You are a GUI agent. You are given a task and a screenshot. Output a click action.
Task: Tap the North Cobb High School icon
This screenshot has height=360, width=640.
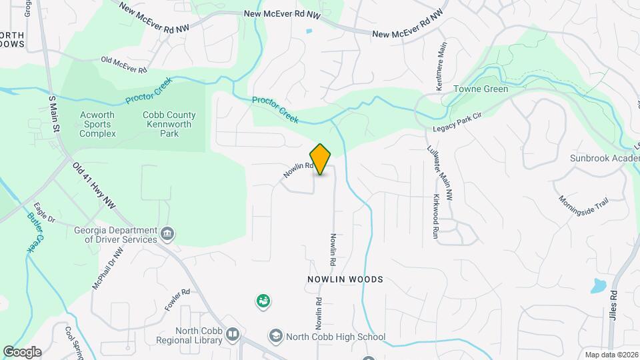tap(275, 335)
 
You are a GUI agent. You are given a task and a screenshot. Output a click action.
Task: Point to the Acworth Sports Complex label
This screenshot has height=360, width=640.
tap(97, 124)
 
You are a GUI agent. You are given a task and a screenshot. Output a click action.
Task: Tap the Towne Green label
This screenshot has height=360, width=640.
tap(481, 89)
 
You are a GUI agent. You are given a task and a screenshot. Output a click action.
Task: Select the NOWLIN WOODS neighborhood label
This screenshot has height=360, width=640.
tap(345, 279)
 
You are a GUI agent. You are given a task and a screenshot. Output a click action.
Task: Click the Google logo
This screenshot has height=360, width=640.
tap(21, 351)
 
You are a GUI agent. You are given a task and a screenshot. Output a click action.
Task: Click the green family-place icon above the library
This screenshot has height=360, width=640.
tap(263, 301)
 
